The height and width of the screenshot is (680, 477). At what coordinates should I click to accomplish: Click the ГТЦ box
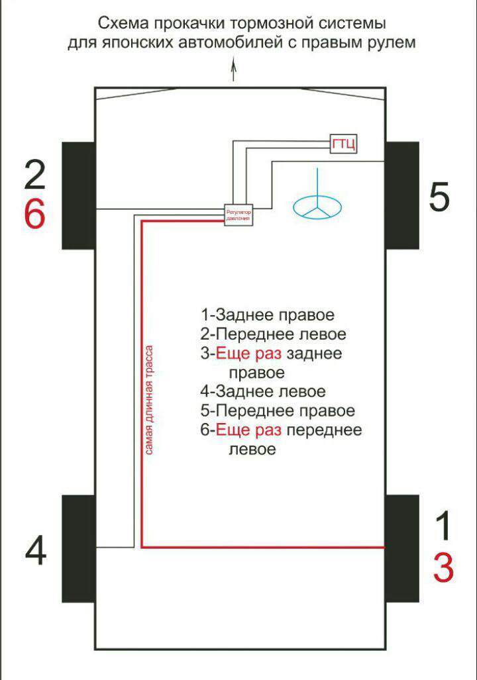coord(344,143)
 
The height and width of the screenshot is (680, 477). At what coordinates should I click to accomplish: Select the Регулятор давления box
coord(238,215)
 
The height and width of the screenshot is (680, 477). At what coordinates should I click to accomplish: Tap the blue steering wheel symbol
coord(317,206)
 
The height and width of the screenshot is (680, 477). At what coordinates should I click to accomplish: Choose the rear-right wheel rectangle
coord(402,548)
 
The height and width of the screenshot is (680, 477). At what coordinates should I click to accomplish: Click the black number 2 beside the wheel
coord(34,175)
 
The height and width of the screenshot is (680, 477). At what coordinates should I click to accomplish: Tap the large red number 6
coord(34,215)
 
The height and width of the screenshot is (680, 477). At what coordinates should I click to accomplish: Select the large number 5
coord(439,197)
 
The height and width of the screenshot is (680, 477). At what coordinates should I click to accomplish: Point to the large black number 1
coord(444,526)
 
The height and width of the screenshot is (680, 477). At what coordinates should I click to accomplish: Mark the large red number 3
coord(444,567)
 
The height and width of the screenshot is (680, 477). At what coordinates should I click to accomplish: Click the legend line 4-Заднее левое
coord(263,391)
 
